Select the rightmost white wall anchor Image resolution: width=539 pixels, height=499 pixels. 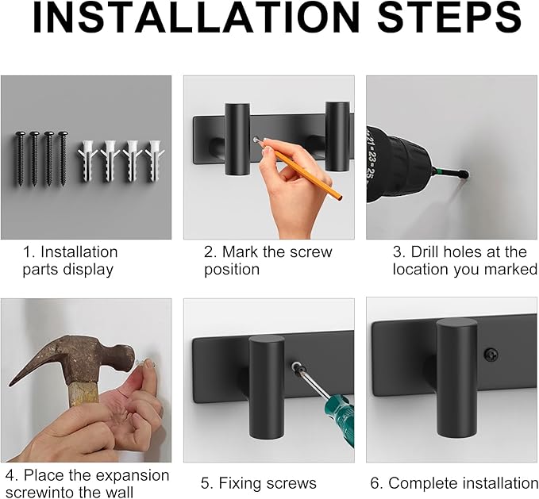tap(155, 160)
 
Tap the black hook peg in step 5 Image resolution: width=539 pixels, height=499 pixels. tap(267, 387)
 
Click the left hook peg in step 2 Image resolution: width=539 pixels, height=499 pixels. tap(237, 139)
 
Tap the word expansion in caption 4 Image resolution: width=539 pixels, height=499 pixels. tap(133, 477)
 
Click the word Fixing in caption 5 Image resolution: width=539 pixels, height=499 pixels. tap(237, 484)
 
